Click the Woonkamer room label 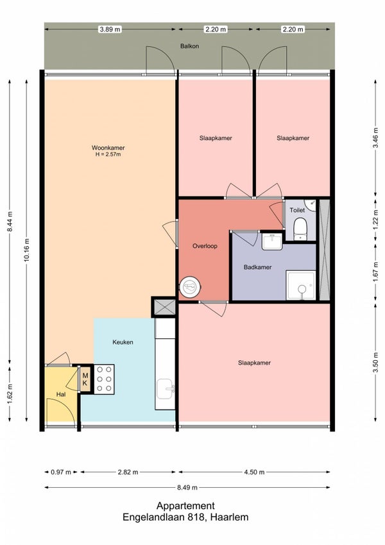tap(108, 148)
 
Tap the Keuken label tap(123, 342)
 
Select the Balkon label tap(189, 46)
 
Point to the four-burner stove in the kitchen tap(104, 379)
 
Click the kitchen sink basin tap(166, 389)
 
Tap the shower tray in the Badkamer tap(301, 286)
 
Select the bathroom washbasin tap(272, 241)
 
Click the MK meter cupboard tap(85, 379)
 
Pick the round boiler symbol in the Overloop tap(190, 287)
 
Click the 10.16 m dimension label tap(26, 250)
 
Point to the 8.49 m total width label tap(187, 487)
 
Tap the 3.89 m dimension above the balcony tap(110, 29)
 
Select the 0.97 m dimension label tap(61, 472)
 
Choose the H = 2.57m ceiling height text tap(108, 154)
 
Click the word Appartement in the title tap(185, 506)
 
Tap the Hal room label tap(61, 395)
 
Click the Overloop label tap(205, 246)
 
